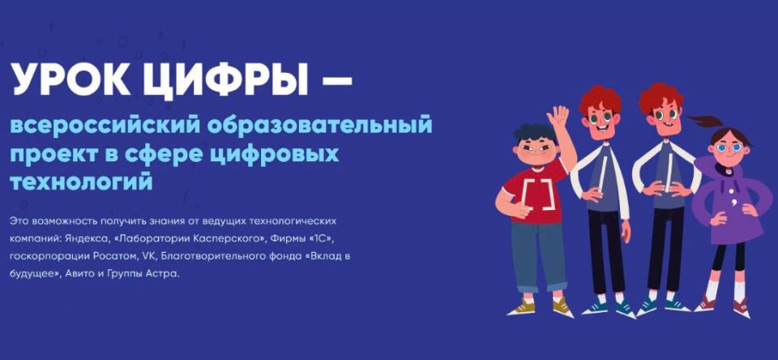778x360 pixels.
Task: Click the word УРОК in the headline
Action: click(x=67, y=79)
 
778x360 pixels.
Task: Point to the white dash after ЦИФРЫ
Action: click(x=335, y=81)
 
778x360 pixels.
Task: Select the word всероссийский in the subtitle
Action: click(x=104, y=126)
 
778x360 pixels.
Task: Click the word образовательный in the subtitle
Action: click(x=319, y=127)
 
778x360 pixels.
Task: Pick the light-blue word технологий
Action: click(x=81, y=182)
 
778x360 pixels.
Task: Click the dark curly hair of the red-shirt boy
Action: click(x=534, y=131)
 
